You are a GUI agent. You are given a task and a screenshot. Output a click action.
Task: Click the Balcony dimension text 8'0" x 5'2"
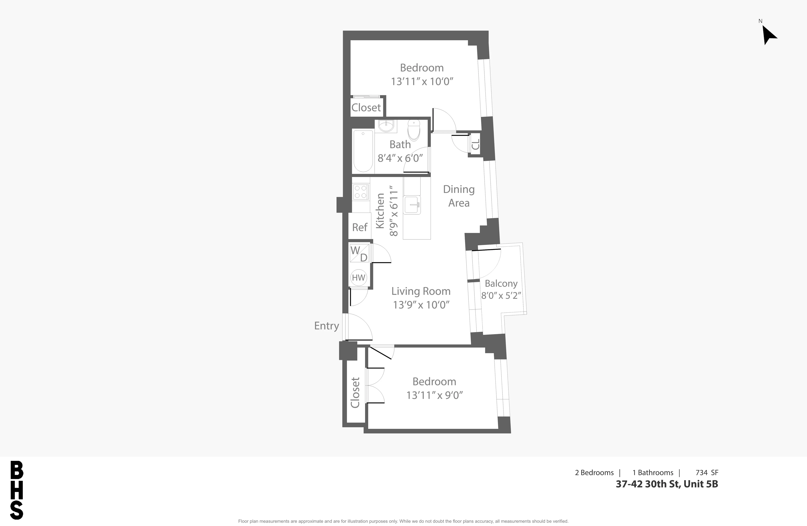501,295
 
